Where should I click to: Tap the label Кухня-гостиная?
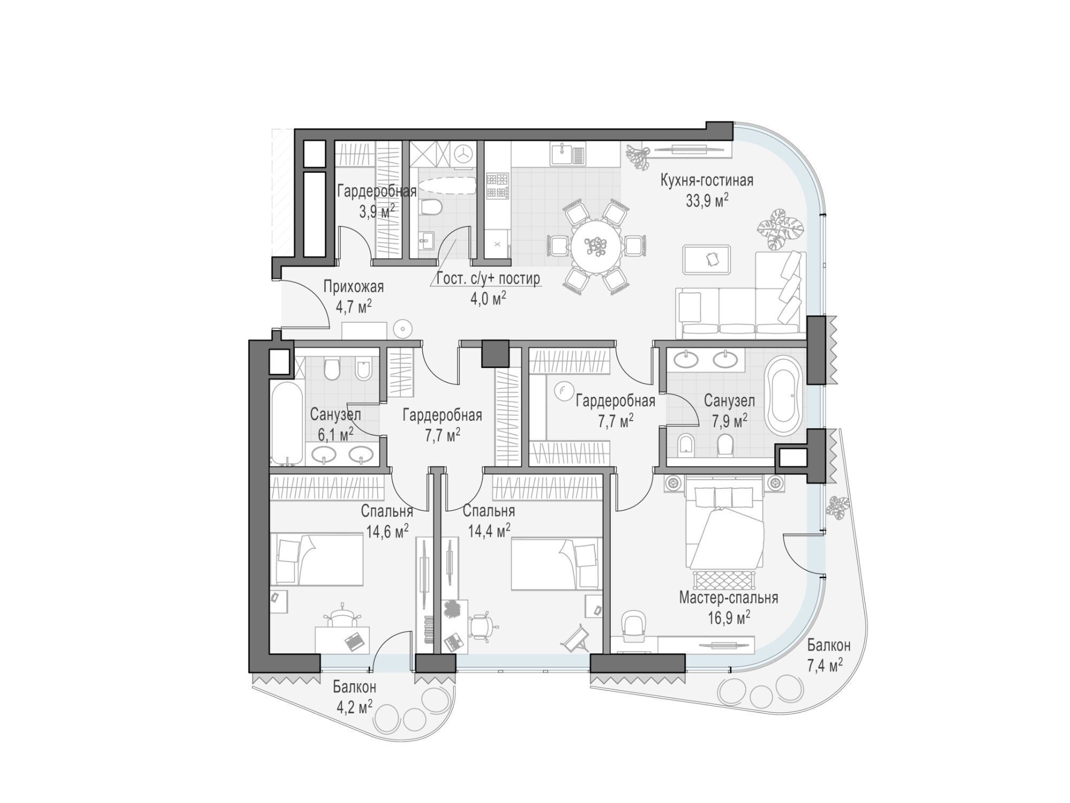coord(707,180)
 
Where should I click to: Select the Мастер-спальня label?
coord(728,597)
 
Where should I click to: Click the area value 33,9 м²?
coord(707,201)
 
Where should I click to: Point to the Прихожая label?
coord(354,287)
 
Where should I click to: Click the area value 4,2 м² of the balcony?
coord(354,707)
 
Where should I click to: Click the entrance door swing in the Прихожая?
coord(305,304)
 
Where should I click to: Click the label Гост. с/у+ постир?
coord(488,279)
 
